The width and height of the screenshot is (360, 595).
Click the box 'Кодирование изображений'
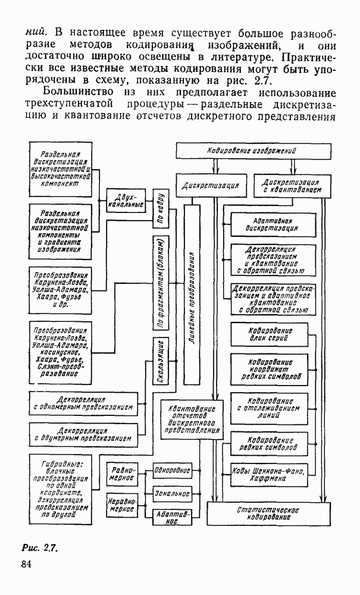click(x=252, y=151)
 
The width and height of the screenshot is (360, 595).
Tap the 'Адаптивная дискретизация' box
click(x=271, y=224)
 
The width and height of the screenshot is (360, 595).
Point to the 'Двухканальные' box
click(x=127, y=200)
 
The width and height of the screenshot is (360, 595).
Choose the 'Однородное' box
click(x=172, y=470)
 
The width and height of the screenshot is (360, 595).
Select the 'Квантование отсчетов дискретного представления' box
click(x=187, y=418)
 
